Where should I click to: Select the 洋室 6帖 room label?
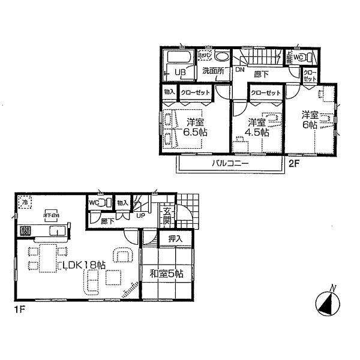[x=310, y=119]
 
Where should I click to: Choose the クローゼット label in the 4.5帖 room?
[x=266, y=93]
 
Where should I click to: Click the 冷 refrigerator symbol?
[x=25, y=203]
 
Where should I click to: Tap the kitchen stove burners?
[x=26, y=230]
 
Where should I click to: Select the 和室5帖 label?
[x=166, y=274]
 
